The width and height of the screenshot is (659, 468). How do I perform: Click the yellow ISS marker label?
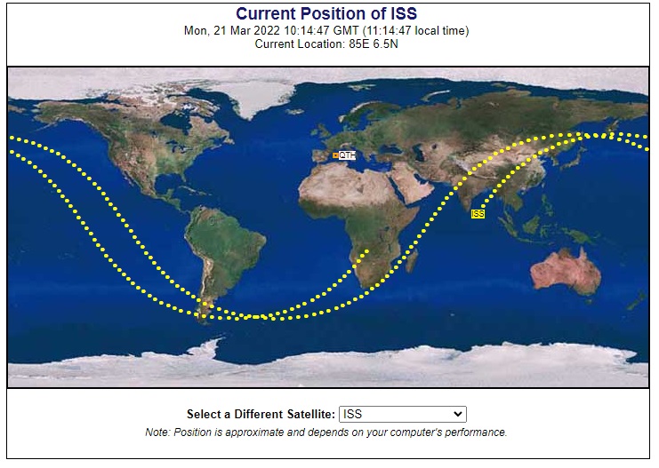coord(478,214)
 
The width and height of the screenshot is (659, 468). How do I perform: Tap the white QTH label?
coord(347,155)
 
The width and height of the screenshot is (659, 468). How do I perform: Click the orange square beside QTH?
coord(335,155)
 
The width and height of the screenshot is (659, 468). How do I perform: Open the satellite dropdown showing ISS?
coord(403,415)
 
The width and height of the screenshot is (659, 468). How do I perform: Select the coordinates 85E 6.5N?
coord(374,44)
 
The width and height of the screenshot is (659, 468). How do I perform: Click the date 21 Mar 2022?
coord(246,31)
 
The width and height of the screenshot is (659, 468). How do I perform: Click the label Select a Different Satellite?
coord(261,415)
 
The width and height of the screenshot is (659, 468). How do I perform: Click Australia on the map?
coord(566,272)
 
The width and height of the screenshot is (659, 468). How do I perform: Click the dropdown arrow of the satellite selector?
coord(458,415)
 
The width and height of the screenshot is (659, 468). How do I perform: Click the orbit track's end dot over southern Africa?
coord(367,251)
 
